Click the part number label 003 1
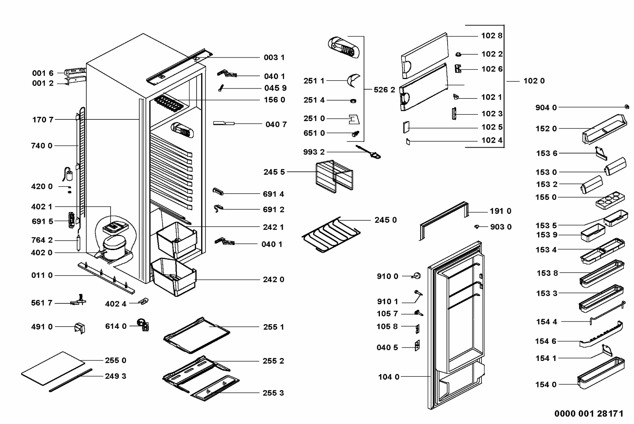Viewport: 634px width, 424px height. pyautogui.click(x=274, y=58)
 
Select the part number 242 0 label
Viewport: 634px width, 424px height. pyautogui.click(x=273, y=280)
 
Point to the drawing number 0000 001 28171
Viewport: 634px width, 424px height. pyautogui.click(x=589, y=413)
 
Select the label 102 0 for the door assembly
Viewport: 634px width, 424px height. pyautogui.click(x=534, y=81)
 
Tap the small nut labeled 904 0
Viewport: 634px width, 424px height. pyautogui.click(x=627, y=107)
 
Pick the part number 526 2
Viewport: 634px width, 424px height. pyautogui.click(x=384, y=90)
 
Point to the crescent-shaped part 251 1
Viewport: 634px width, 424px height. pyautogui.click(x=353, y=80)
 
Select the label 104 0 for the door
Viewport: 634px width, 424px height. pyautogui.click(x=388, y=377)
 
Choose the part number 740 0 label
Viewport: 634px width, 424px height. pyautogui.click(x=42, y=146)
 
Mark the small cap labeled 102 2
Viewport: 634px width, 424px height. pyautogui.click(x=459, y=54)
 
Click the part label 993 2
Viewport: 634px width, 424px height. pyautogui.click(x=314, y=152)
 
